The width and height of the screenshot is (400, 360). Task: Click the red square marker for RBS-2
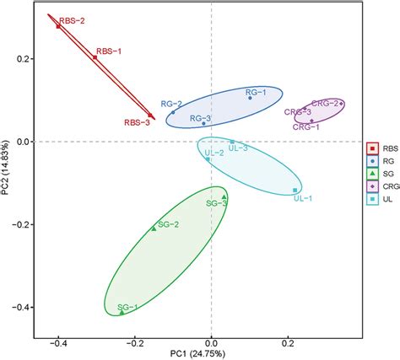[x=58, y=26]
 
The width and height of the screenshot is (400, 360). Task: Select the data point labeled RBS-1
[x=95, y=58]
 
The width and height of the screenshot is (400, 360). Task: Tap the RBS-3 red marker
[x=151, y=116]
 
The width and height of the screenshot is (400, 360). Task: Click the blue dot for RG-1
[x=250, y=98]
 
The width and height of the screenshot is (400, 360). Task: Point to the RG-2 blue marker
[x=173, y=113]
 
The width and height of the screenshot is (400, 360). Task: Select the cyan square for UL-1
[x=295, y=191]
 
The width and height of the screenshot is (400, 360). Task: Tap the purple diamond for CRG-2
[x=341, y=104]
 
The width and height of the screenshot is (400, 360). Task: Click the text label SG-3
[x=218, y=203]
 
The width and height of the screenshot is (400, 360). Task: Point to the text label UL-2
[x=214, y=153]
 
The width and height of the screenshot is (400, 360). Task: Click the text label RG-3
[x=199, y=118]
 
